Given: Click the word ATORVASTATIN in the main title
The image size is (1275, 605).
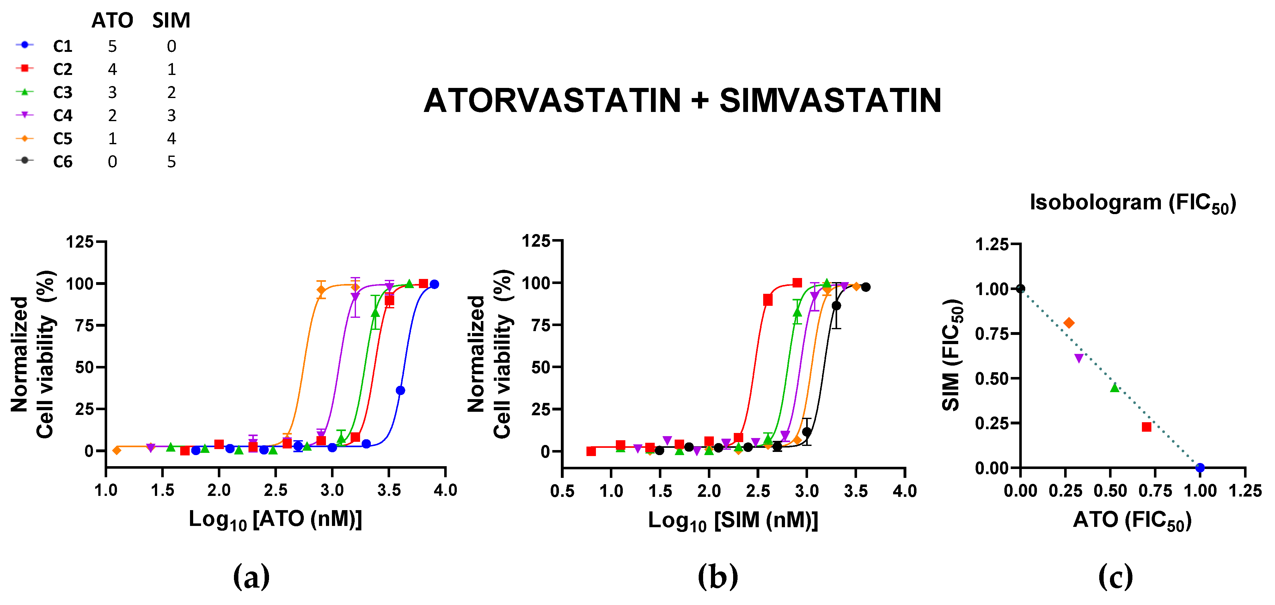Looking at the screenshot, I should point(552,101).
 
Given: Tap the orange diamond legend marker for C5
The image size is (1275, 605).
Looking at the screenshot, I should point(24,139).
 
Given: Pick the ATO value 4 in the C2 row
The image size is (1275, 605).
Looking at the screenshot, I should point(112,69).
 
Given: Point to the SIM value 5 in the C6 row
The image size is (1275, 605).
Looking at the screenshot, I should point(171,162).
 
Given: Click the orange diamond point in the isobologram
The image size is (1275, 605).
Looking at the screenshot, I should point(1069,323).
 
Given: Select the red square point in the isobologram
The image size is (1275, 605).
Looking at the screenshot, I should point(1146,427).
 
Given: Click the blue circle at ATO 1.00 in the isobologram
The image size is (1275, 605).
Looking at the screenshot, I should point(1200,467).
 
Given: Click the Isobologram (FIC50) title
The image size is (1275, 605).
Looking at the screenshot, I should point(1132,203).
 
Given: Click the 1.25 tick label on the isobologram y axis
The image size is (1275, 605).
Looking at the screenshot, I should point(991,244).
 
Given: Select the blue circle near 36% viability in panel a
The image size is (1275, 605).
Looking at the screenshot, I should point(401,391).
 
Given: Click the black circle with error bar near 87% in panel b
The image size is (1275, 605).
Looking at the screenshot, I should point(836,306).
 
